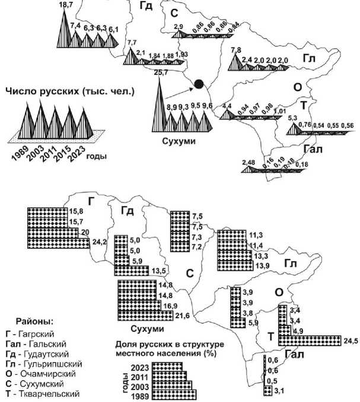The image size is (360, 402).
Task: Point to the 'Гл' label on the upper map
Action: tap(308, 58)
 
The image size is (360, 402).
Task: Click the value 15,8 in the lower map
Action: tap(77, 210)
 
